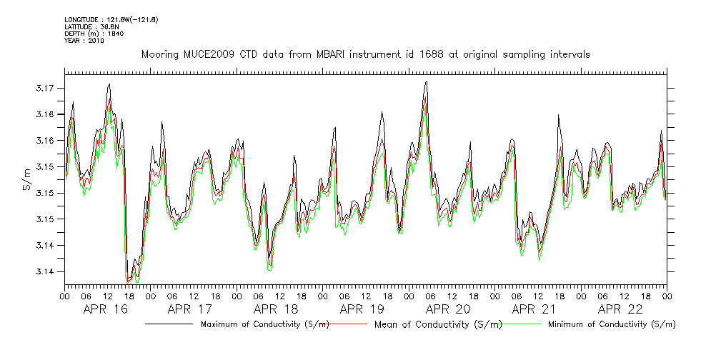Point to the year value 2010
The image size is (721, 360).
(x=96, y=41)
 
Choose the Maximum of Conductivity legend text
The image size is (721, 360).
(x=265, y=324)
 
